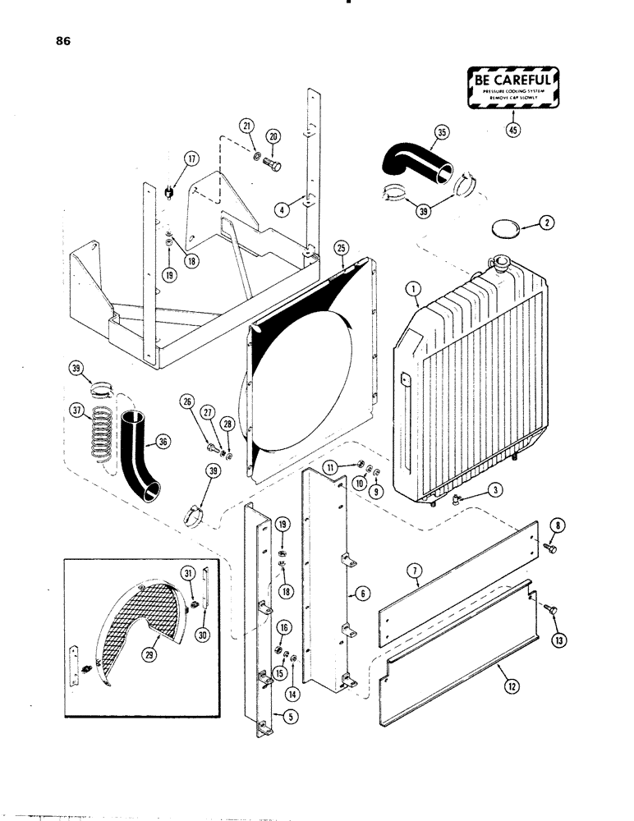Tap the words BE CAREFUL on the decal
(x=512, y=80)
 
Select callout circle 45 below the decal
(x=514, y=130)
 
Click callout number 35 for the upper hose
(x=441, y=133)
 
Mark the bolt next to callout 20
(x=273, y=165)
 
